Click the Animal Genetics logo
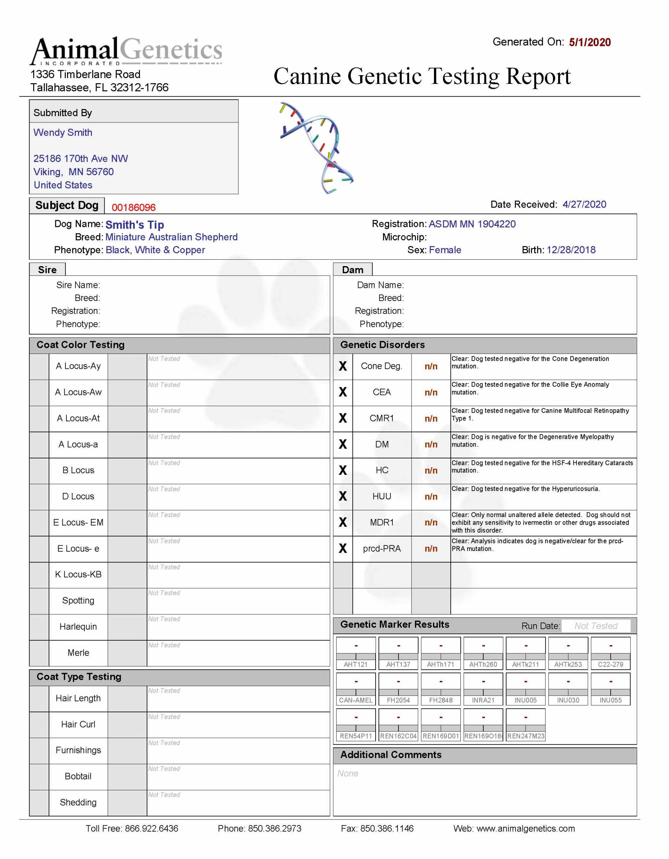pyautogui.click(x=126, y=51)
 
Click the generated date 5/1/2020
pyautogui.click(x=590, y=43)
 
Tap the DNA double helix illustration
pyautogui.click(x=317, y=148)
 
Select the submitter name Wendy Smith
pyautogui.click(x=63, y=133)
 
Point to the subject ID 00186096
pyautogui.click(x=134, y=207)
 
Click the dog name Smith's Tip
pyautogui.click(x=135, y=224)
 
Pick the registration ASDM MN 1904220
pyautogui.click(x=472, y=224)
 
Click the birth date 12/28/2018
pyautogui.click(x=571, y=250)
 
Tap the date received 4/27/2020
pyautogui.click(x=584, y=205)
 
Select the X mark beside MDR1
pyautogui.click(x=343, y=522)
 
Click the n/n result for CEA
pyautogui.click(x=431, y=393)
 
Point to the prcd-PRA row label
pyautogui.click(x=382, y=549)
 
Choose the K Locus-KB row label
pyautogui.click(x=78, y=575)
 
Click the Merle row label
pyautogui.click(x=78, y=653)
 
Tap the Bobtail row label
pyautogui.click(x=78, y=776)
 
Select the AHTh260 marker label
pyautogui.click(x=483, y=664)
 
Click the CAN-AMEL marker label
pyautogui.click(x=356, y=700)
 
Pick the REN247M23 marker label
pyautogui.click(x=525, y=736)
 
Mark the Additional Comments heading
pyautogui.click(x=391, y=755)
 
